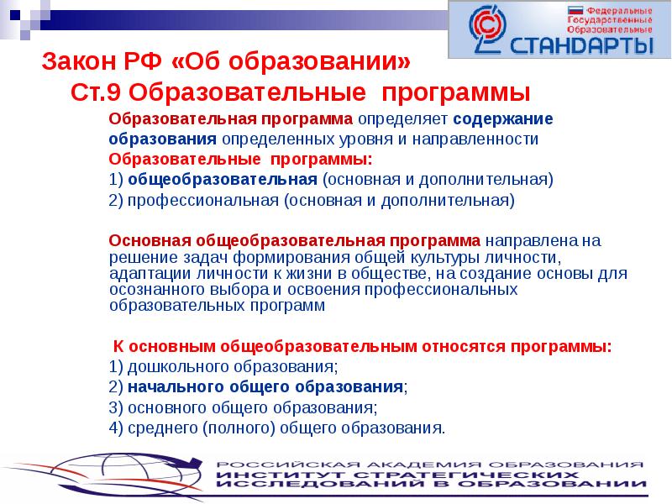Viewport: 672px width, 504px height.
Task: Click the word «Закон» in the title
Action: pos(76,61)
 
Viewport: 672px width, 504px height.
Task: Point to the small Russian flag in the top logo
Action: pos(552,11)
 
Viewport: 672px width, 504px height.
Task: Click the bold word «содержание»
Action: pos(504,118)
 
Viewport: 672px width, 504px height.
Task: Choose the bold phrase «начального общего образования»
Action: pos(265,387)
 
